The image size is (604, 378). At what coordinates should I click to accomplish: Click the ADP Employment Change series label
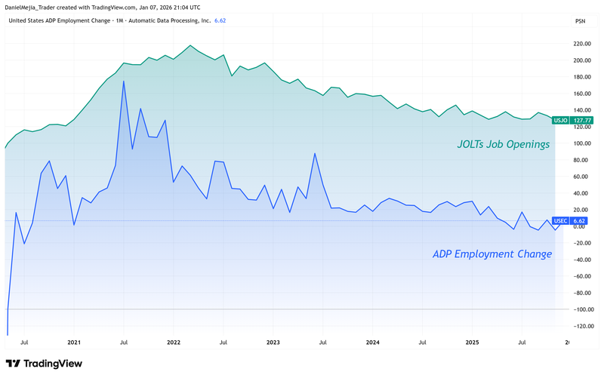[x=492, y=254]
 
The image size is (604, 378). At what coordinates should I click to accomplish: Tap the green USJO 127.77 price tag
[x=573, y=120]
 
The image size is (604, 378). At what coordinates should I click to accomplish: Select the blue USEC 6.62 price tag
[x=573, y=221]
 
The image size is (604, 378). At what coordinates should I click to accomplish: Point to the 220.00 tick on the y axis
[x=581, y=45]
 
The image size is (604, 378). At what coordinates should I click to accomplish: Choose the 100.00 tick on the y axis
[x=581, y=143]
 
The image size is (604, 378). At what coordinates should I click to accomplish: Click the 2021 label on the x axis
[x=73, y=342]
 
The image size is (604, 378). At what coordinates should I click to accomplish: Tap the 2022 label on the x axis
[x=173, y=342]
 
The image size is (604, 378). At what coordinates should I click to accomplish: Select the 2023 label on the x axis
[x=273, y=342]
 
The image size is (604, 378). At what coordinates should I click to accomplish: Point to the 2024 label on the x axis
[x=372, y=342]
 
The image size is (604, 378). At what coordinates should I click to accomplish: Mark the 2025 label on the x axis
[x=472, y=342]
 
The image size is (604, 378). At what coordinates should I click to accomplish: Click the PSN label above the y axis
[x=580, y=21]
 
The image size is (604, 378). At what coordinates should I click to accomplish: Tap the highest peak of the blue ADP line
[x=123, y=81]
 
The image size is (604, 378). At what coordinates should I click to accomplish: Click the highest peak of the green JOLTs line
[x=189, y=46]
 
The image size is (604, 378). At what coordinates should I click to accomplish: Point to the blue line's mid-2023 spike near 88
[x=314, y=154]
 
